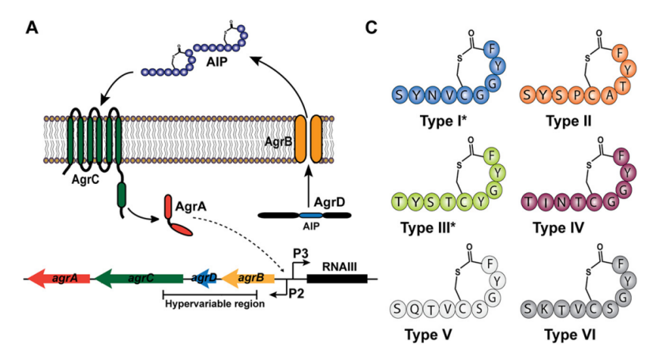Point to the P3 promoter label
(x=301, y=253)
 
